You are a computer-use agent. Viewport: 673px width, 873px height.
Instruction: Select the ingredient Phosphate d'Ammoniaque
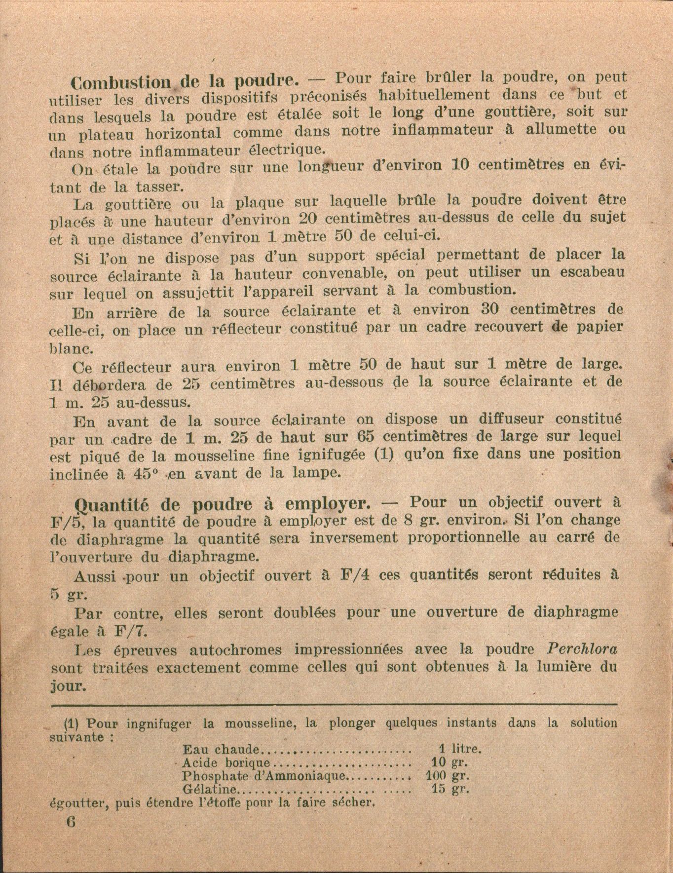point(264,775)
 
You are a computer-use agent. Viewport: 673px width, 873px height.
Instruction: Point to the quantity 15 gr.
point(449,789)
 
